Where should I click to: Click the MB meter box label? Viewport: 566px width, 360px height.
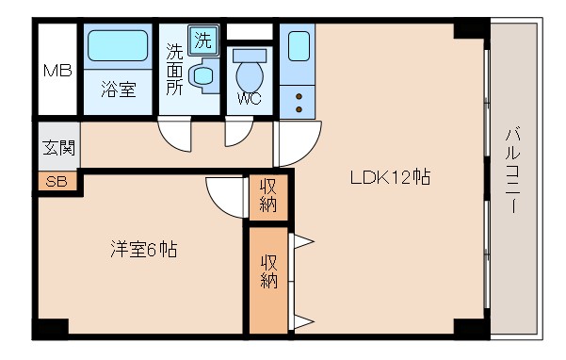(x=57, y=72)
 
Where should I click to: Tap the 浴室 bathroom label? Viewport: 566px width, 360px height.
(x=119, y=90)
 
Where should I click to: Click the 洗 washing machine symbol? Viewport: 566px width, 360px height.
(x=202, y=40)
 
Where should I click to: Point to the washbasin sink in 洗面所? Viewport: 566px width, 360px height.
(x=202, y=75)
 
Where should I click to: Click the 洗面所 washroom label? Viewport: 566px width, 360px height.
(x=175, y=70)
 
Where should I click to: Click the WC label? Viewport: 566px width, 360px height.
(x=250, y=98)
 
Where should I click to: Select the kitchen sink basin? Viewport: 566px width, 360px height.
(x=299, y=46)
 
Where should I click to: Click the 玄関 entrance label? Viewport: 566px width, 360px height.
(x=57, y=149)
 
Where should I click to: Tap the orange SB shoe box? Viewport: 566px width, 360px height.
(x=57, y=181)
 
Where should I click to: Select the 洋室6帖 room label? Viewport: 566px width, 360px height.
(x=141, y=251)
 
